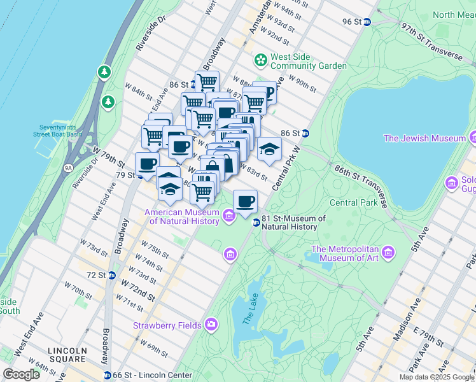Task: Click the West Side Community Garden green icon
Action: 260,60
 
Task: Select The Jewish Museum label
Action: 425,138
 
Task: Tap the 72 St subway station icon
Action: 112,275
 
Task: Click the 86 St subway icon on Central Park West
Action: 305,133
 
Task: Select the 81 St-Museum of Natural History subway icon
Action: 256,222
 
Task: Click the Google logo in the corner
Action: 21,374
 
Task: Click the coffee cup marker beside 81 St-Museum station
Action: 245,202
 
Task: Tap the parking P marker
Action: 268,93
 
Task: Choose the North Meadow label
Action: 452,15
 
